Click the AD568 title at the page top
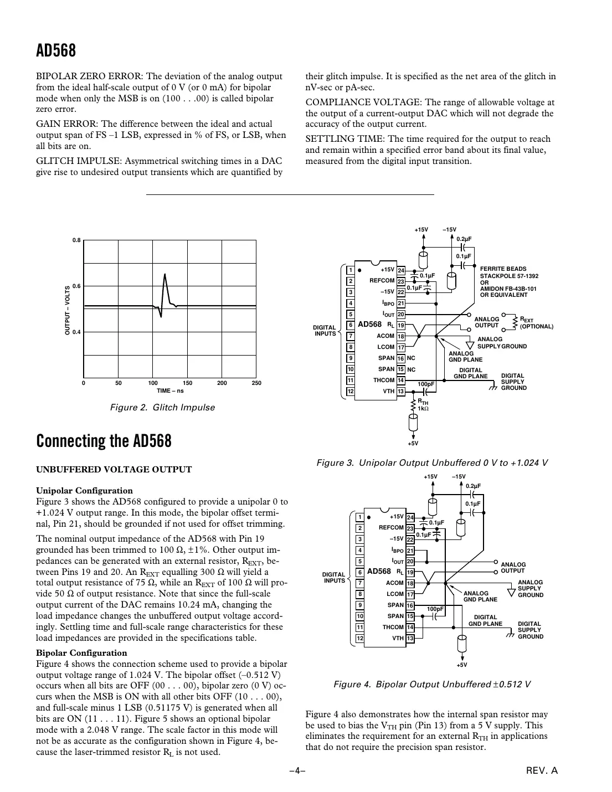(56, 51)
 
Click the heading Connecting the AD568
(104, 441)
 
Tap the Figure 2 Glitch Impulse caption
(162, 408)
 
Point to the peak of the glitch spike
(164, 274)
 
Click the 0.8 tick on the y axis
(76, 240)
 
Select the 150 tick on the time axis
(187, 383)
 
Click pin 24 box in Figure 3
(401, 270)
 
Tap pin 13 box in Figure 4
(410, 639)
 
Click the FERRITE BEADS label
(503, 269)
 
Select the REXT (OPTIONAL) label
(536, 323)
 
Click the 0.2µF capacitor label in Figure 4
(472, 486)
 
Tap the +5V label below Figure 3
(413, 443)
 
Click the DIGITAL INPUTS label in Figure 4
(334, 577)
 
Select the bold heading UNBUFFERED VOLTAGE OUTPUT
(114, 470)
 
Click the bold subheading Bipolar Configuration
(81, 653)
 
